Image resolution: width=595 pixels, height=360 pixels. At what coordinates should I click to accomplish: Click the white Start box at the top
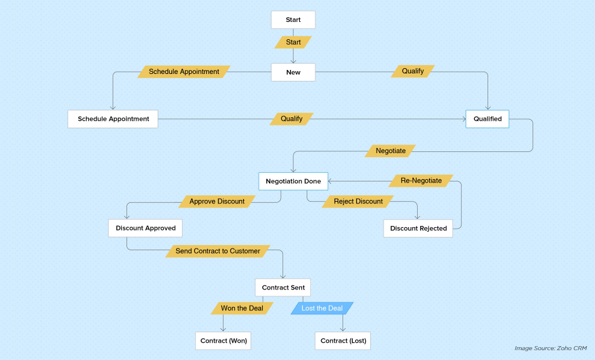tap(293, 20)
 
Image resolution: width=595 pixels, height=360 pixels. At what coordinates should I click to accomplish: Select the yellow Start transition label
tap(293, 42)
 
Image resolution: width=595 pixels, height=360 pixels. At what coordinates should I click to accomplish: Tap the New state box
tap(293, 72)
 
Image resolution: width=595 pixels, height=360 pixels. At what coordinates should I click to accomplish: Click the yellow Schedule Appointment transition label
tap(184, 72)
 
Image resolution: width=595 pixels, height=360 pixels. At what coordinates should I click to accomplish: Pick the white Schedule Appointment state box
tap(113, 119)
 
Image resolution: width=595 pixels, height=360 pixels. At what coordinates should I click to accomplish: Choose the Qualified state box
tap(488, 119)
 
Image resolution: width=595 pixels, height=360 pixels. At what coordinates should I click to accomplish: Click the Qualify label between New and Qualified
tap(412, 71)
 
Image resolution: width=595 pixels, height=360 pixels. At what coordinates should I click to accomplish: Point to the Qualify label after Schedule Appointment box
tap(291, 118)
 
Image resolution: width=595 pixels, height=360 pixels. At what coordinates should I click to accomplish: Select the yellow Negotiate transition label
tap(391, 151)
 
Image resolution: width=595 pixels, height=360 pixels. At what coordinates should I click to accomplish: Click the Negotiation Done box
tap(293, 181)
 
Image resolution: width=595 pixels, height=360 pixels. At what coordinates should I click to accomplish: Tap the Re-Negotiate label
tap(421, 181)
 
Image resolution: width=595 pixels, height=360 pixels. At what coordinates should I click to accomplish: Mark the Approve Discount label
tap(217, 202)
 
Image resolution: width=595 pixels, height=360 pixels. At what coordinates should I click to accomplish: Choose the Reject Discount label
tap(358, 202)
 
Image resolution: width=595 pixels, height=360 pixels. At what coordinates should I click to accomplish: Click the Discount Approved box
tap(145, 228)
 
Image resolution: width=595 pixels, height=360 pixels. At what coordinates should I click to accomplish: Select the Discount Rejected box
tap(418, 228)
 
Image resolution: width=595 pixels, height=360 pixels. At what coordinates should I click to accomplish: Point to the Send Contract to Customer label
tap(218, 251)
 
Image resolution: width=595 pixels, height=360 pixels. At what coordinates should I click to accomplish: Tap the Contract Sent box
tap(283, 288)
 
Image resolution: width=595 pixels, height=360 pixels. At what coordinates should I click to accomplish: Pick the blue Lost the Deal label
tap(322, 308)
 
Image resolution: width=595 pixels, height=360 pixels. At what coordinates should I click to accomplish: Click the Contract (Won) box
tap(223, 341)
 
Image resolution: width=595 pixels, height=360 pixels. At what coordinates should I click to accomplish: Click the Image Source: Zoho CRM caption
tap(551, 348)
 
